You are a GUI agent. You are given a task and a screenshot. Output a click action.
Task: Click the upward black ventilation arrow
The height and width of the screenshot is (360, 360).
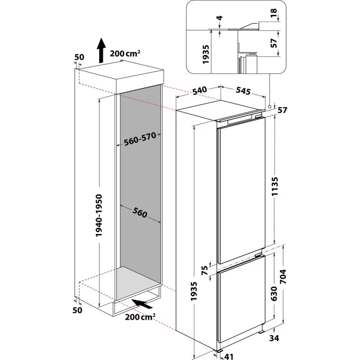(102, 50)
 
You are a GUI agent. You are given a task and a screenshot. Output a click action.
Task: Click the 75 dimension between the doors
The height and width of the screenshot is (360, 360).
(204, 270)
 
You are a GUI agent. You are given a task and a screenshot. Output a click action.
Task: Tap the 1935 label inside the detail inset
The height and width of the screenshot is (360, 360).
(206, 54)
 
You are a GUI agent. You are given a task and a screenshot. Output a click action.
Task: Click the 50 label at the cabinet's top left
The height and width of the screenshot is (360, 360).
(79, 57)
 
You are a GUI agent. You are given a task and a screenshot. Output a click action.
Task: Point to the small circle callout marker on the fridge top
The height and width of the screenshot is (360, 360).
(269, 107)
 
